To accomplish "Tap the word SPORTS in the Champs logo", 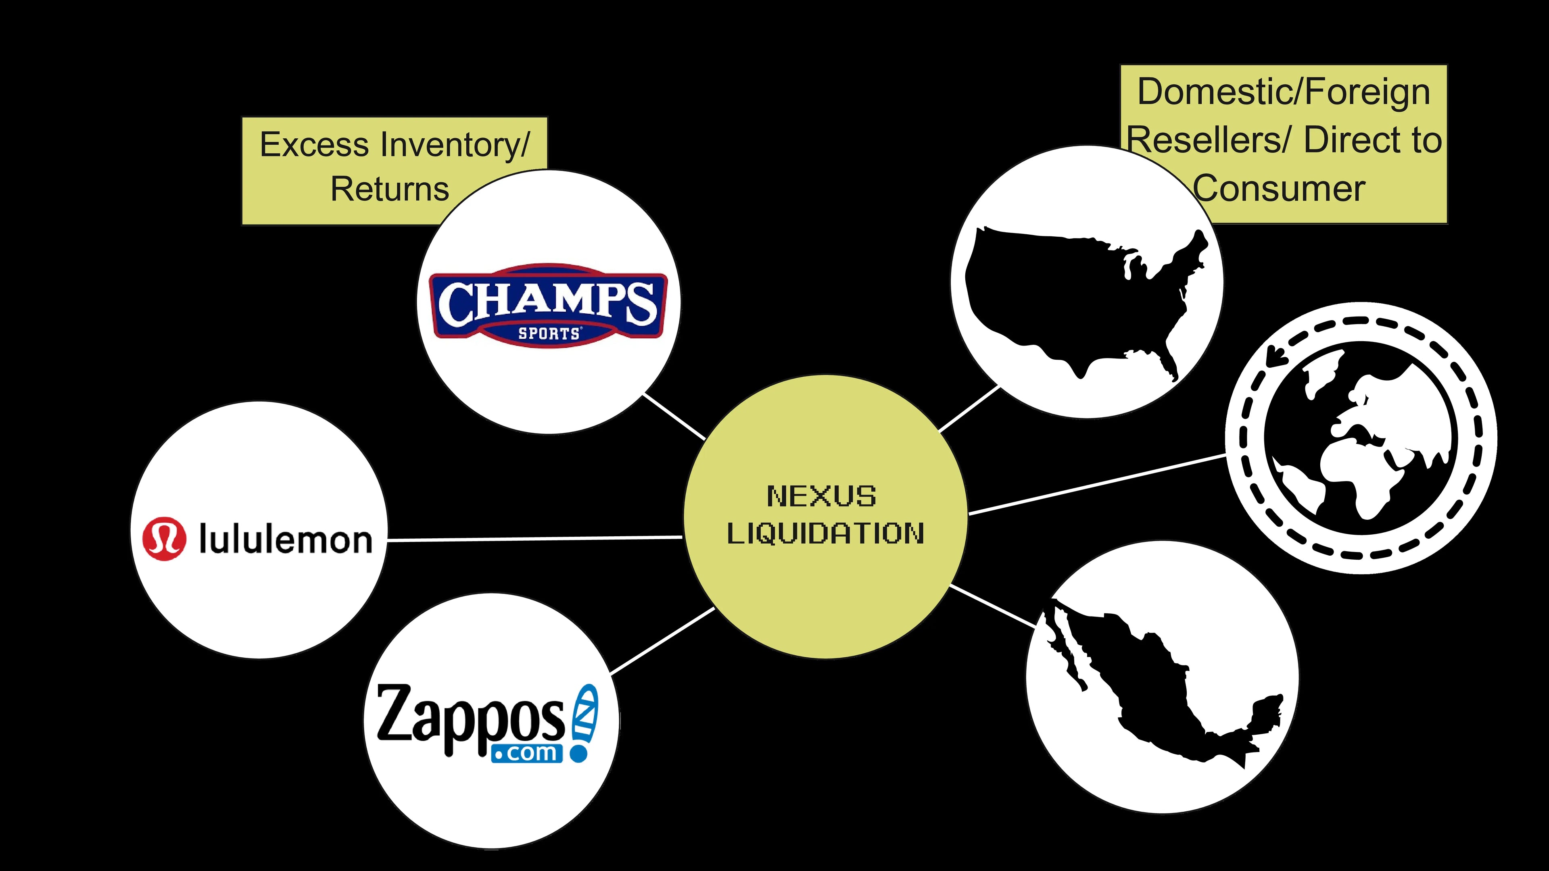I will tap(549, 333).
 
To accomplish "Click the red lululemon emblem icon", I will tap(163, 539).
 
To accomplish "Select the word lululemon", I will tap(286, 539).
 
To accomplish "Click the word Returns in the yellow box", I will tap(390, 190).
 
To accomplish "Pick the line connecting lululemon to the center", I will tap(535, 539).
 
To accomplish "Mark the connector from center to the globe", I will tap(1097, 484).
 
